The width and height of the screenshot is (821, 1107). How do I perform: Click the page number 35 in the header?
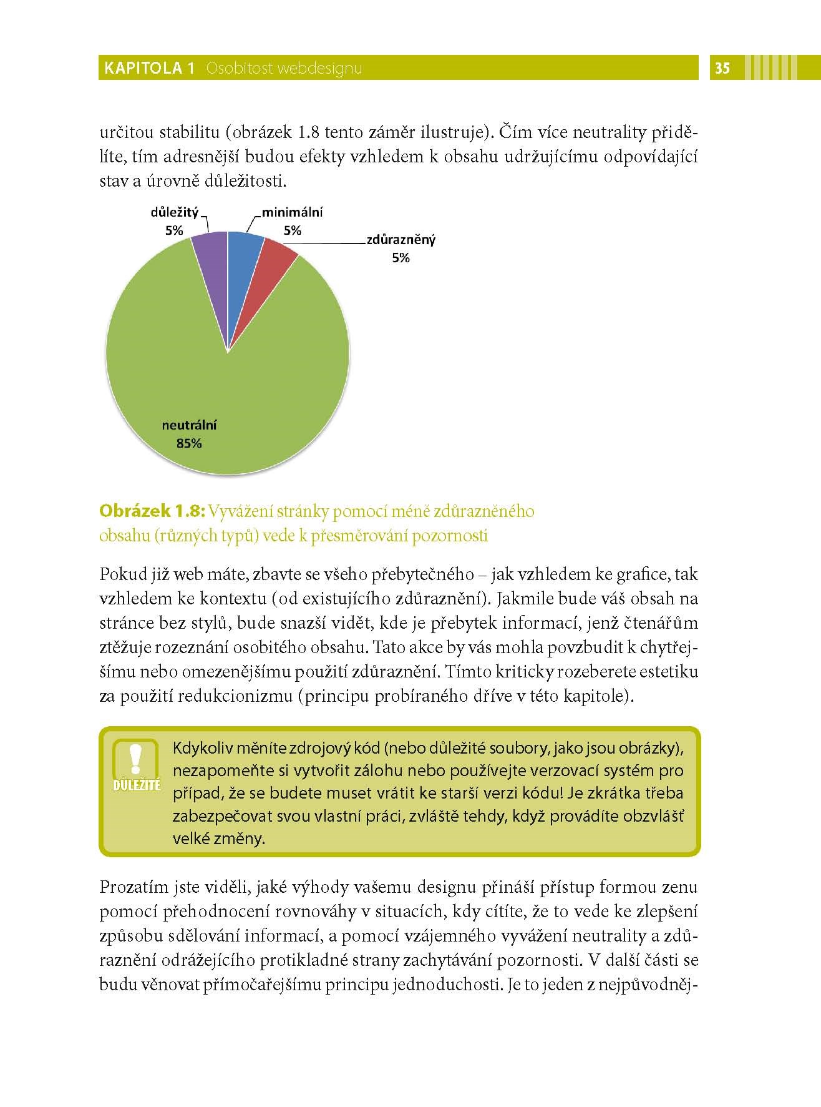click(722, 68)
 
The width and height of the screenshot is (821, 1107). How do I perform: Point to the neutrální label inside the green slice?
click(189, 426)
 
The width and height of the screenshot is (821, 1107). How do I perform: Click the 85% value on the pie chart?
click(189, 444)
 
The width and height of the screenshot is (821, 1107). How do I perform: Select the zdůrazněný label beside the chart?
click(401, 240)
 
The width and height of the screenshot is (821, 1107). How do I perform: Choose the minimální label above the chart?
click(292, 213)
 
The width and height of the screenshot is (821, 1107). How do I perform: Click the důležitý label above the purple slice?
click(175, 213)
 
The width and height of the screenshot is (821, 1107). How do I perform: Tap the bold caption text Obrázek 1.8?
click(152, 511)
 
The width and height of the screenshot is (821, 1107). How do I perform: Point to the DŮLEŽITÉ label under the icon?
click(137, 785)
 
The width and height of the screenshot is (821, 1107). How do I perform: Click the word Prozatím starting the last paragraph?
click(130, 887)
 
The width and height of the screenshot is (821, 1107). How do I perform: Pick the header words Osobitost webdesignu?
click(284, 68)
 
